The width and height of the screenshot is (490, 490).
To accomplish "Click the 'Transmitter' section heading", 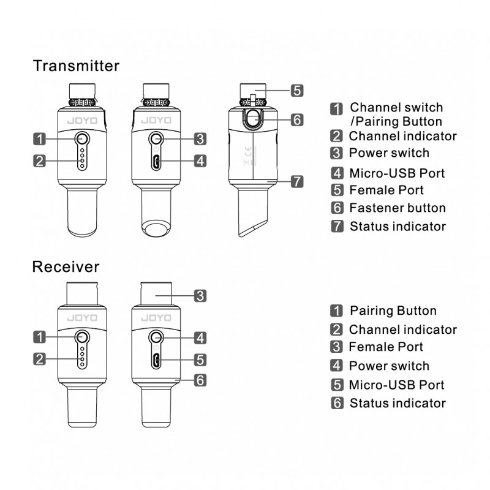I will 76,66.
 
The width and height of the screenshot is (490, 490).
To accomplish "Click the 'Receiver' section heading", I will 66,267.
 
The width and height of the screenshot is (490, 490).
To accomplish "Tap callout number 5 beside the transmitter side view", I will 296,90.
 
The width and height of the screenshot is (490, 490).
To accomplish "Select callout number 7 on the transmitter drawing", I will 296,182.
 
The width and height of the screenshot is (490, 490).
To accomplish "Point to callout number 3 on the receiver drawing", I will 200,296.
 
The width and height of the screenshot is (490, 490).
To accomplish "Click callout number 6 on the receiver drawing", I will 200,380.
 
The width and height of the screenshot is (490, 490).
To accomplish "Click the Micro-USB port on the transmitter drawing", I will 157,162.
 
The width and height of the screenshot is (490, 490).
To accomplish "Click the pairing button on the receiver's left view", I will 81,337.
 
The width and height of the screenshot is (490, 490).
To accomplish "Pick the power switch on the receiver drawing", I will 157,337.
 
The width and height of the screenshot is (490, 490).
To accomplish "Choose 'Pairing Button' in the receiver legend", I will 393,311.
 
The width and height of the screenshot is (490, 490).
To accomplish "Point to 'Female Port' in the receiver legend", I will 386,347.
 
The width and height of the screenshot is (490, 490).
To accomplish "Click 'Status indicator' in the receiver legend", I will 398,403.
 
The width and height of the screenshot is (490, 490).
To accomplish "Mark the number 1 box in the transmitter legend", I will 336,108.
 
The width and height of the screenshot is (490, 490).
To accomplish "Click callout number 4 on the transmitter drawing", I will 200,162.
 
